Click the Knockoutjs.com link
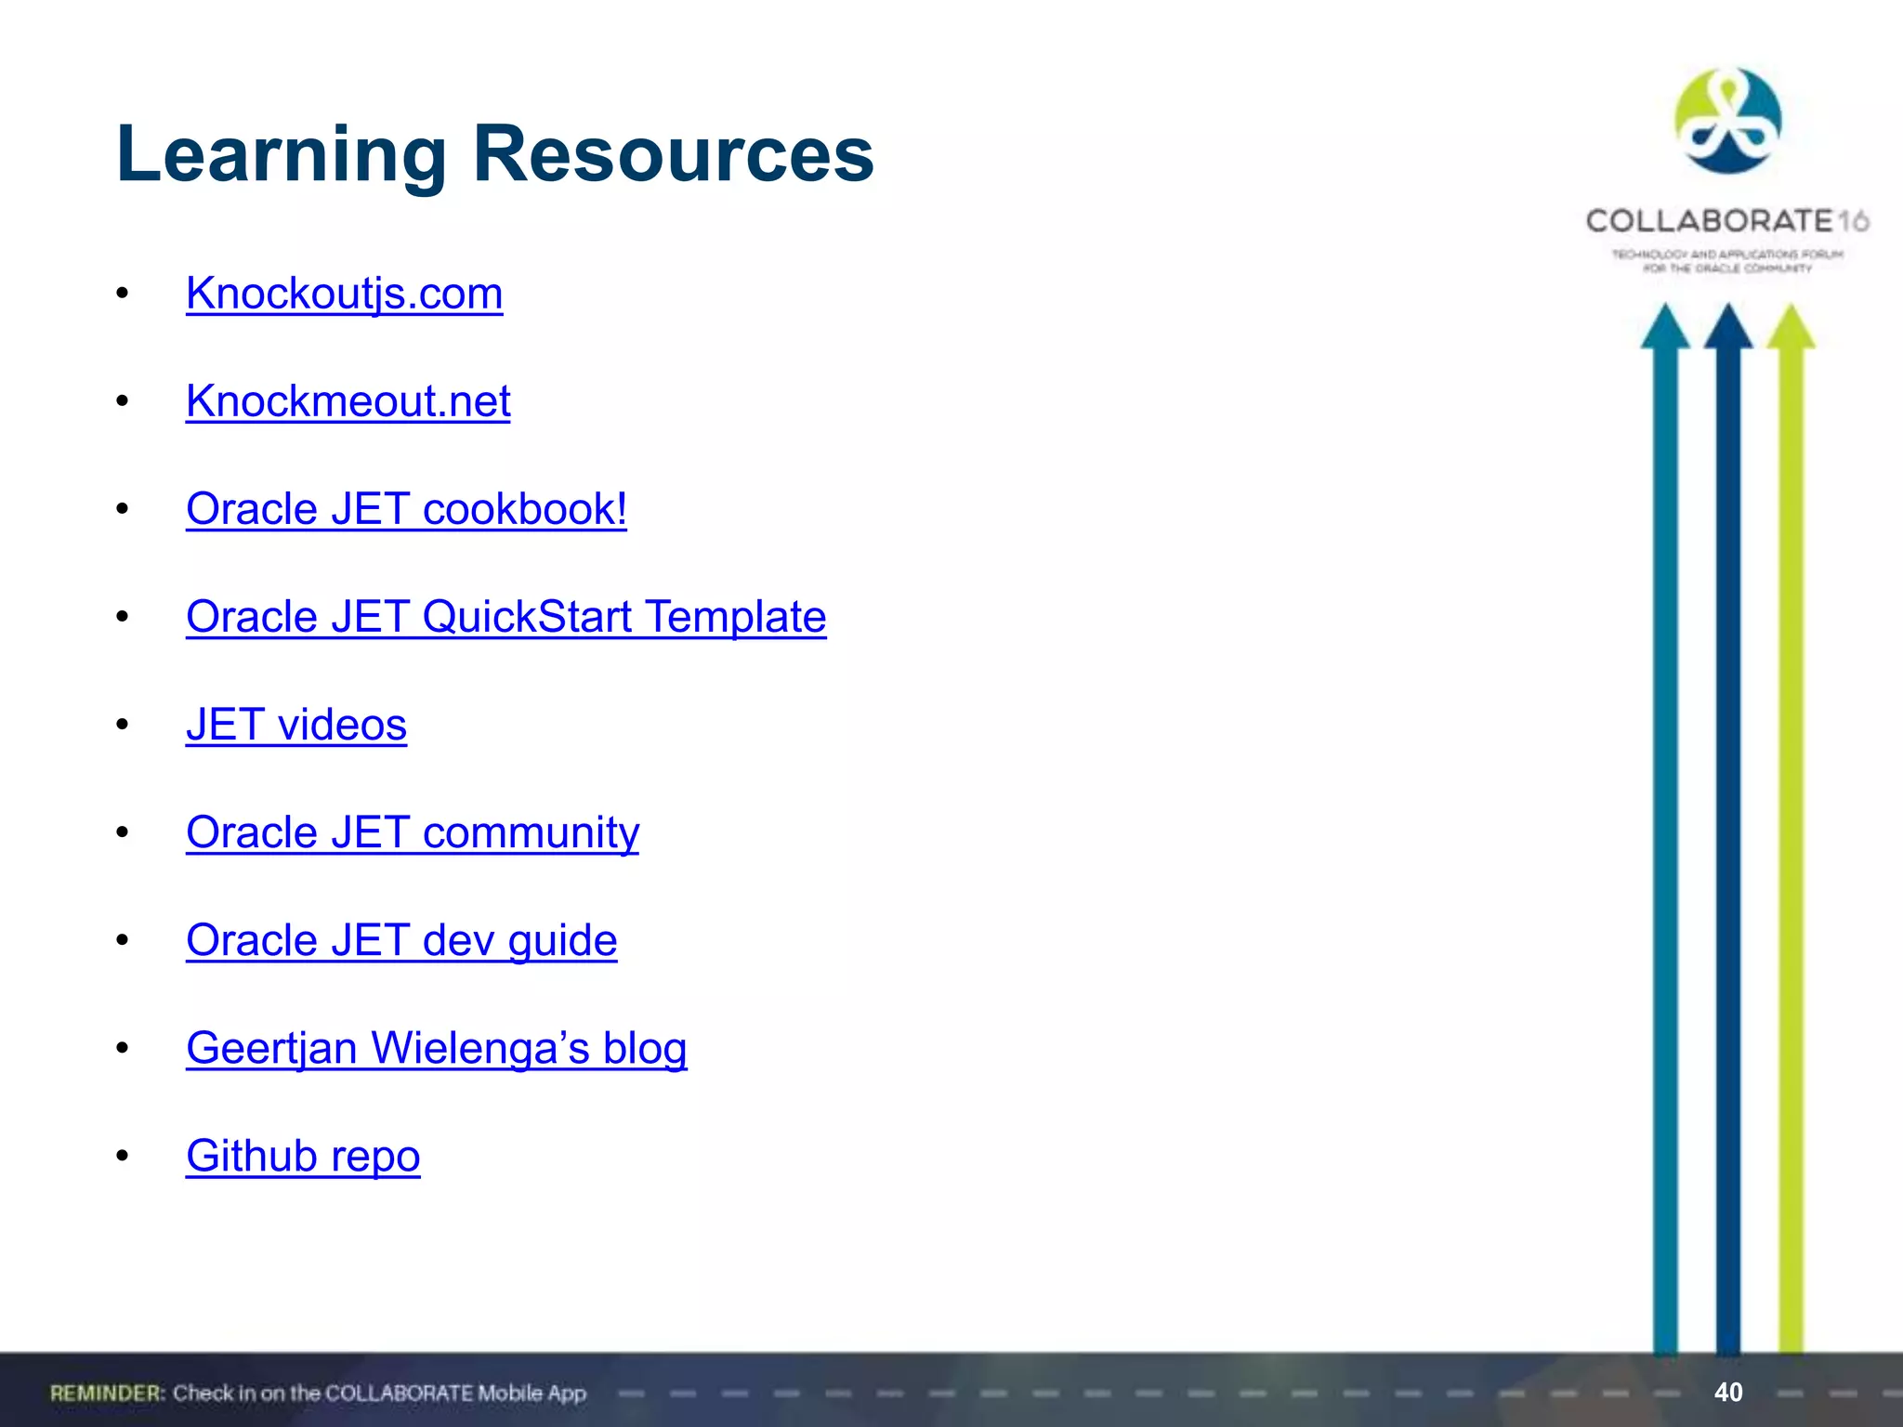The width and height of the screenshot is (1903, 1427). (344, 294)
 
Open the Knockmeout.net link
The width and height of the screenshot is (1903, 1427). (348, 401)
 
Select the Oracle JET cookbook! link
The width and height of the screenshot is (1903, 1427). (406, 509)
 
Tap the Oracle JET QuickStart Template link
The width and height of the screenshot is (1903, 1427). (505, 617)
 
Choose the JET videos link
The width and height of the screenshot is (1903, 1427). (295, 725)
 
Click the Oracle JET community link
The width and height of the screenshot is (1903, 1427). (413, 832)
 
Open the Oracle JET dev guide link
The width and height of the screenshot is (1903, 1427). (401, 940)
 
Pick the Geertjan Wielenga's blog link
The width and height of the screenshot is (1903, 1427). (436, 1048)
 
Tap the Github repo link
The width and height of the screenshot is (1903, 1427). (303, 1156)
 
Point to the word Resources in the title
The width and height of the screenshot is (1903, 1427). (674, 154)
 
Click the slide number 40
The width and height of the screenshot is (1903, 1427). (1728, 1392)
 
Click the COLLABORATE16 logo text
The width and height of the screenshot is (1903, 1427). (1726, 221)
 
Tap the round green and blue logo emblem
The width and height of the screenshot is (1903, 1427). (1728, 121)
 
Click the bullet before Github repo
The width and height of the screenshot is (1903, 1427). (122, 1156)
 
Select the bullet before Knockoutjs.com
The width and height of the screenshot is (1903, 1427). (122, 294)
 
